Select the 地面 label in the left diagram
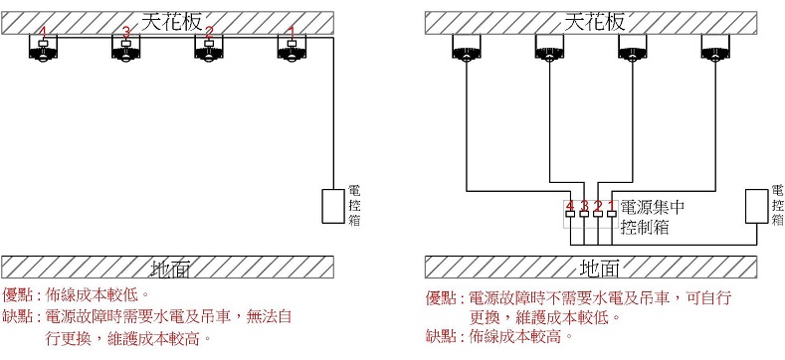pyautogui.click(x=168, y=268)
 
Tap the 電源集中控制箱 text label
pyautogui.click(x=652, y=218)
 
